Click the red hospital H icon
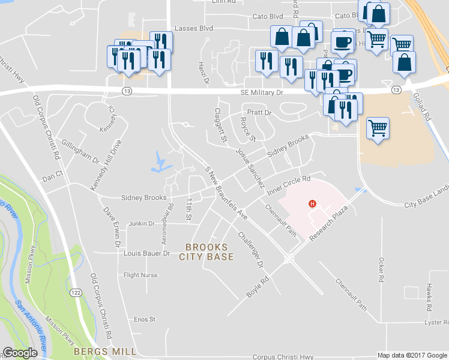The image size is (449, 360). click(312, 204)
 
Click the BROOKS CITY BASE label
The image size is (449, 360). click(206, 252)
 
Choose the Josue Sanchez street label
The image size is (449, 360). click(250, 169)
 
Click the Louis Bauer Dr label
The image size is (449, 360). click(147, 254)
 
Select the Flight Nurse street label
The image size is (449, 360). click(140, 275)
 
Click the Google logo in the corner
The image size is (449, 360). click(20, 353)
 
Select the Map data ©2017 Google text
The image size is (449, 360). click(411, 355)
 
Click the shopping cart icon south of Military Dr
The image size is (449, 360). click(378, 128)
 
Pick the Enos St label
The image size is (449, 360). click(145, 319)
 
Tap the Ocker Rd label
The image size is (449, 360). click(381, 271)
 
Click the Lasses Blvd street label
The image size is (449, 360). click(194, 28)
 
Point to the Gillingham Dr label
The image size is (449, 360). click(80, 152)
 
